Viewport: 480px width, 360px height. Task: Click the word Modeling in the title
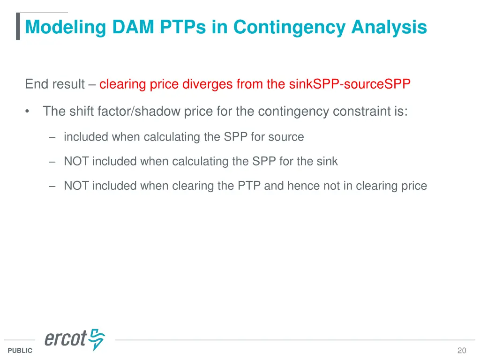point(66,27)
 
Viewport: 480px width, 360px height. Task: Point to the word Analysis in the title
point(389,27)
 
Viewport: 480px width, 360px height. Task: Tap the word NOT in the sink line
point(76,161)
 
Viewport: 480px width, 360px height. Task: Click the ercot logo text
point(66,339)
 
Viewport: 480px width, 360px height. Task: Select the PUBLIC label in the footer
point(20,351)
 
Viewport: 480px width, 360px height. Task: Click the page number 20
point(462,351)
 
